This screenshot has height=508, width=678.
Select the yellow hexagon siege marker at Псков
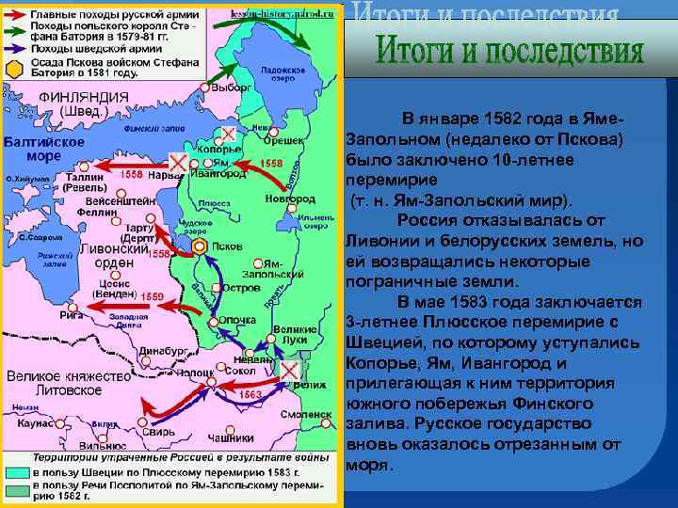[x=199, y=246]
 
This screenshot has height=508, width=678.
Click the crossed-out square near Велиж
[x=289, y=370]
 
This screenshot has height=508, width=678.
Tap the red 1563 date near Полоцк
[x=250, y=395]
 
